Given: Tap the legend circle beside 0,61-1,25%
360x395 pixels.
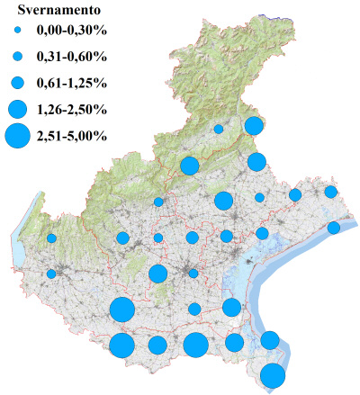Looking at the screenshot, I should (17, 83).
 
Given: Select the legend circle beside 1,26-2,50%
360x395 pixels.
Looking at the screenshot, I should (17, 109).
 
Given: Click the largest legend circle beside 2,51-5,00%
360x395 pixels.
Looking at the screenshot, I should (17, 136).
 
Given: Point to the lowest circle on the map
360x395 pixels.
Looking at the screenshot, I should (273, 375).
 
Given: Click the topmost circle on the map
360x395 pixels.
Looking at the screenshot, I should (253, 126).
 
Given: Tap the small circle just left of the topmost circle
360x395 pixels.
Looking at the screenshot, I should (218, 130).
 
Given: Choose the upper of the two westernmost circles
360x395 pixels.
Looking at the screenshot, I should (51, 238).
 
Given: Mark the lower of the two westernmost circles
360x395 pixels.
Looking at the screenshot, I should (51, 274).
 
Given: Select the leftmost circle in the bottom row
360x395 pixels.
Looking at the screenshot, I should (122, 346).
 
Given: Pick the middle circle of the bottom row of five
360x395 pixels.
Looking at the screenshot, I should (195, 345).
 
